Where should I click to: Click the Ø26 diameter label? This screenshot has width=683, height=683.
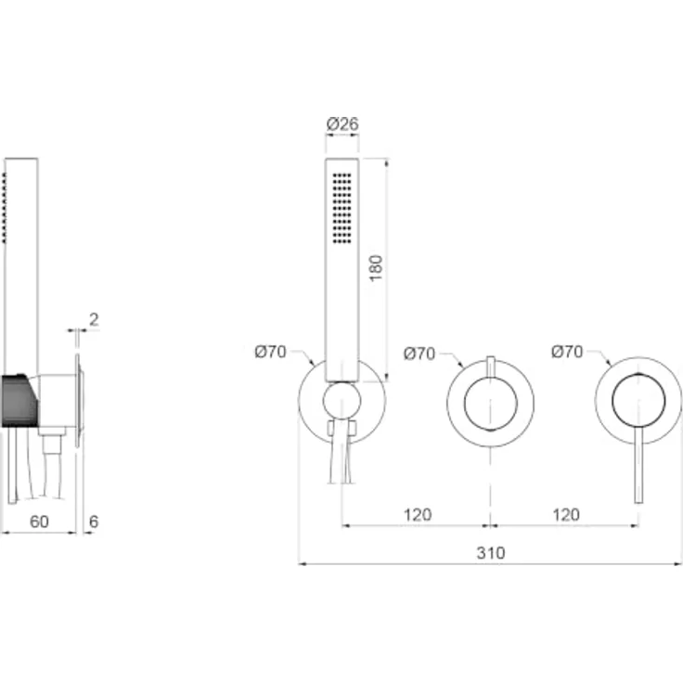(342, 123)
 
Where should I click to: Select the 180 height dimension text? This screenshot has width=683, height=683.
(376, 268)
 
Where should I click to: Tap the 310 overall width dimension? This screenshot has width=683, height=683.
(491, 553)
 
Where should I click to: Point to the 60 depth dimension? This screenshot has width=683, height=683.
(39, 522)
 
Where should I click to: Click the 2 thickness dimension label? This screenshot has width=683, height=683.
(94, 320)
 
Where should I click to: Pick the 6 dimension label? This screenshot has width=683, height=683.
(94, 522)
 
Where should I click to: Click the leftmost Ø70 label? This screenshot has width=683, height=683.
(270, 352)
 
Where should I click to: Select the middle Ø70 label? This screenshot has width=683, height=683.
(419, 354)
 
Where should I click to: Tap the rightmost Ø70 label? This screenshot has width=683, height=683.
(567, 352)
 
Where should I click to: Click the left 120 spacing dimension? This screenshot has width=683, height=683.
(418, 515)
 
